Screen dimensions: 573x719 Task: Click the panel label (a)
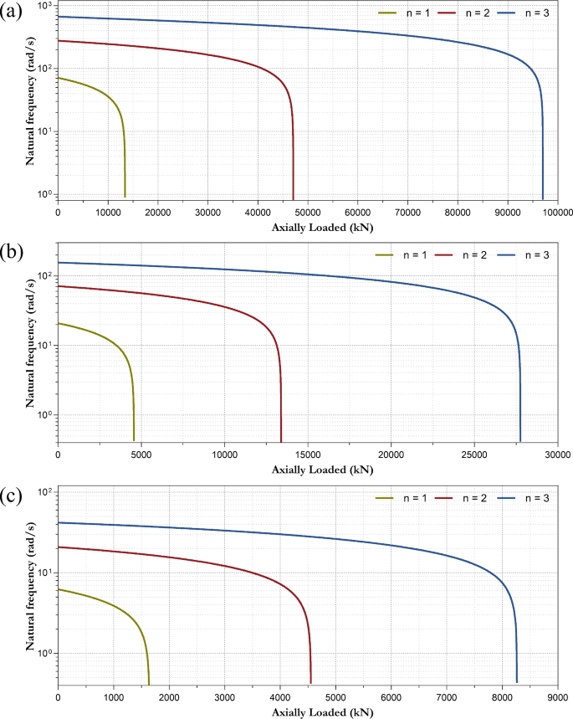(x=11, y=11)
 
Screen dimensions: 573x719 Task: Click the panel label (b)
(x=12, y=252)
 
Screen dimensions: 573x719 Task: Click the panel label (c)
(x=11, y=496)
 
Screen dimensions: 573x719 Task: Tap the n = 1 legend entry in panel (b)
(x=401, y=255)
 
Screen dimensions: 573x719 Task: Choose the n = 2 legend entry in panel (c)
(x=460, y=498)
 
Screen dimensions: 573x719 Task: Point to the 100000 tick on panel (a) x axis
(x=558, y=213)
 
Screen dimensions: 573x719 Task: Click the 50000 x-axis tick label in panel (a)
(x=308, y=213)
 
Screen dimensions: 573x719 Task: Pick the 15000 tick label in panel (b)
(x=308, y=455)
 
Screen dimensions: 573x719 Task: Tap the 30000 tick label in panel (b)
(x=557, y=455)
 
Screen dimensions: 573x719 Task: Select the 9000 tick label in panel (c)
(x=557, y=697)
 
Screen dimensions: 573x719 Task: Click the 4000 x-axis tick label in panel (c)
(x=280, y=697)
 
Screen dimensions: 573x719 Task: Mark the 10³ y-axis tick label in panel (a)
(x=46, y=6)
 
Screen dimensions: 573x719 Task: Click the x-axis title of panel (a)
(x=322, y=228)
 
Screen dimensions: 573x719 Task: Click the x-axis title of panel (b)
(x=322, y=470)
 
